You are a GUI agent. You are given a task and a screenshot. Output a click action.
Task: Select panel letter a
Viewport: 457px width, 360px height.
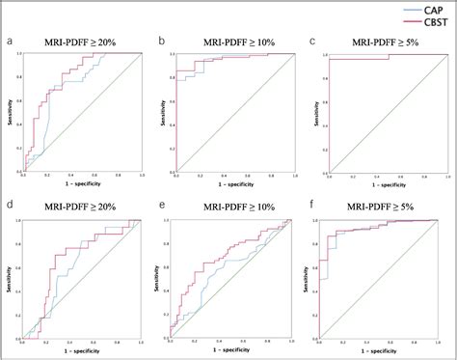(x=9, y=41)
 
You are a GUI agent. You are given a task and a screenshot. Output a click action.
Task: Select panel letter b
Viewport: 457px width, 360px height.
(x=161, y=41)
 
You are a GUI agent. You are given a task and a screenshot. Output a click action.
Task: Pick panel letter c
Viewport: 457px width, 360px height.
(x=311, y=41)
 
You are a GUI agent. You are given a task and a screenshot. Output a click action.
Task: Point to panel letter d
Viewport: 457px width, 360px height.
(x=9, y=205)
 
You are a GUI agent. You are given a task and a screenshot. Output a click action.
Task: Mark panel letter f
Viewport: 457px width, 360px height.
(x=309, y=205)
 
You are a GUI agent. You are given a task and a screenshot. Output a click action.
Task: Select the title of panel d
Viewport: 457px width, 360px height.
(x=78, y=205)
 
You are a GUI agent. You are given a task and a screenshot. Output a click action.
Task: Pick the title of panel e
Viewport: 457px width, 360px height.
(x=231, y=205)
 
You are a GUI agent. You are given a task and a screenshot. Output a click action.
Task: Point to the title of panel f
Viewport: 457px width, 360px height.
(x=384, y=205)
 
